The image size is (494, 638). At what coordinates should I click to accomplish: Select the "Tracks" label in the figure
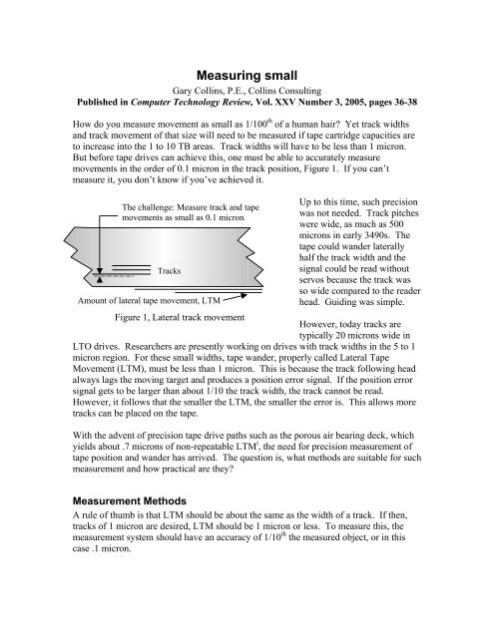point(175,270)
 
